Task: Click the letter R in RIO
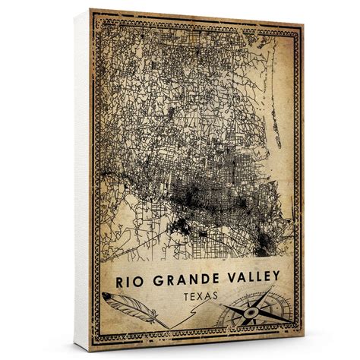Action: (120, 279)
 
